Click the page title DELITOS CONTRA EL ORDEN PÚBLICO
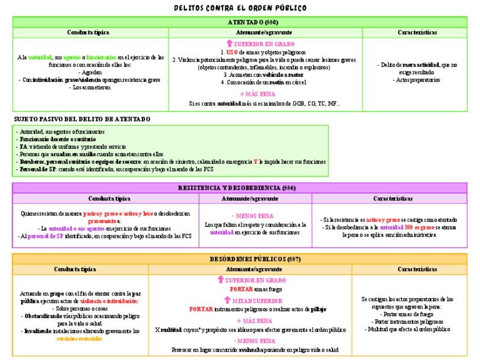tap(240, 8)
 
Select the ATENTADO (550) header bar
tap(240, 22)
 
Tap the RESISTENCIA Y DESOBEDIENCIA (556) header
tap(240, 188)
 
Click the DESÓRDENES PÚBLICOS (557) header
tap(240, 259)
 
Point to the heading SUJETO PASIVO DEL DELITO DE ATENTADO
tap(82, 119)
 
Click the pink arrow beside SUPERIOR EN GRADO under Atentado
tap(229, 44)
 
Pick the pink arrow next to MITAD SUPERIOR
tap(220, 301)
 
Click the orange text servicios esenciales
tap(79, 338)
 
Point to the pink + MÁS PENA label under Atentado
tap(258, 94)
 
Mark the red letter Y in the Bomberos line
tap(255, 161)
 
